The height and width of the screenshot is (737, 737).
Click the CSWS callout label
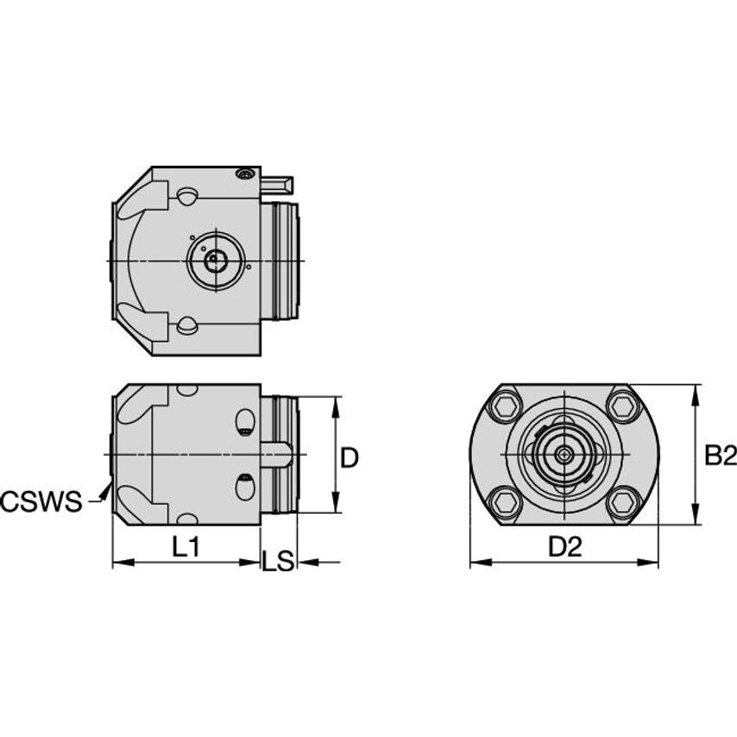(41, 501)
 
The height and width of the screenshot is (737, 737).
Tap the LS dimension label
(278, 562)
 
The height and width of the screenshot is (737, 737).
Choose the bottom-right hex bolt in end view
(622, 501)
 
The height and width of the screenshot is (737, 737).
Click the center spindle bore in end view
(564, 452)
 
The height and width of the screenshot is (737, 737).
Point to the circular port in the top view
(212, 260)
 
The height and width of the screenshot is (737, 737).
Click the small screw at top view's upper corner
(246, 175)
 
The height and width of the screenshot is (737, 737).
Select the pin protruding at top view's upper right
(278, 184)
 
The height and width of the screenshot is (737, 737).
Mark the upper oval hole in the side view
(245, 423)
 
